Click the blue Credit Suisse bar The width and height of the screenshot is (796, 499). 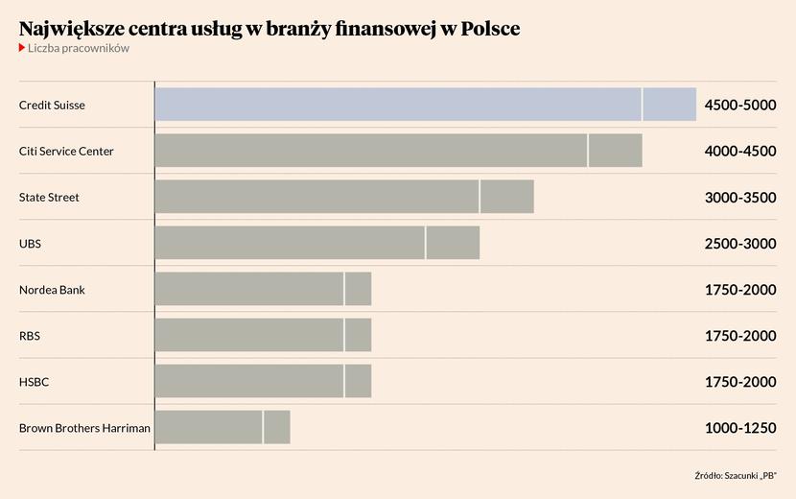click(x=425, y=105)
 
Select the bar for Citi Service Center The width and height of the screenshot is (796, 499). click(x=398, y=151)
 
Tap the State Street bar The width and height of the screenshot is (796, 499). click(x=343, y=197)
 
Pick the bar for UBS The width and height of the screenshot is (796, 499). click(x=316, y=243)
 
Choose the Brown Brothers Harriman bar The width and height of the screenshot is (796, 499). click(x=222, y=427)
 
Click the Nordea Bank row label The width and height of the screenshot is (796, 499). click(x=52, y=290)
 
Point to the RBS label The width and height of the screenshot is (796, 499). click(x=30, y=336)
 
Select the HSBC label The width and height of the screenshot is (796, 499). click(x=34, y=382)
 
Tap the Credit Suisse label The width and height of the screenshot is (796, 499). click(x=52, y=105)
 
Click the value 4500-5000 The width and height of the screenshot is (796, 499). click(x=739, y=105)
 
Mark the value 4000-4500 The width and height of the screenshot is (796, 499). click(x=739, y=151)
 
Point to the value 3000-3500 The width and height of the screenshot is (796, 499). click(x=739, y=197)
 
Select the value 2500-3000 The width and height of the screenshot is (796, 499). click(x=739, y=243)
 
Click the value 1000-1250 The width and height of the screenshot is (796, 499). click(x=739, y=428)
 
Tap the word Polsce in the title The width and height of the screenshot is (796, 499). click(x=488, y=29)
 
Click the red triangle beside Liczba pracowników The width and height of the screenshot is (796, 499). click(x=22, y=48)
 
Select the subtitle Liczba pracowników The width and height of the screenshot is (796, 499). click(x=79, y=48)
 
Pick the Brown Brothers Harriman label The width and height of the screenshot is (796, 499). click(x=84, y=428)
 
